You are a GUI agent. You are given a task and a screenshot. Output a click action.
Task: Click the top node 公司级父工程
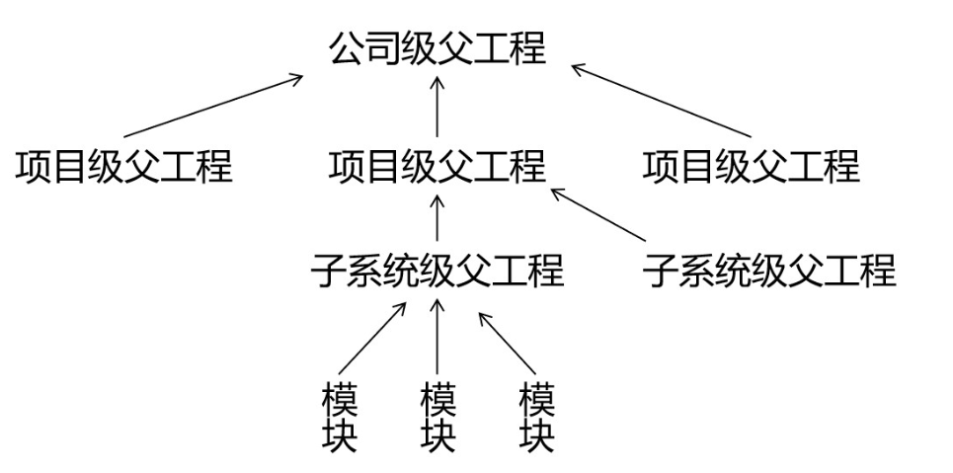(437, 47)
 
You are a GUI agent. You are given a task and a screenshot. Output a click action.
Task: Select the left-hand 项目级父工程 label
(123, 166)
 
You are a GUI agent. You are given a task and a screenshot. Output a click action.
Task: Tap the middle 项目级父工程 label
(437, 166)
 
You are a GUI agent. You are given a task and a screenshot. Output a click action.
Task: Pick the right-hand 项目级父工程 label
(752, 166)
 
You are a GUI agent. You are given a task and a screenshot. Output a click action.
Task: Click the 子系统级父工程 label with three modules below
(437, 269)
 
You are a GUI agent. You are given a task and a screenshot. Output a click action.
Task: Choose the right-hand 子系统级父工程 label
(769, 269)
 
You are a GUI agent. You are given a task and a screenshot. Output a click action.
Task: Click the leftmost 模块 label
(340, 418)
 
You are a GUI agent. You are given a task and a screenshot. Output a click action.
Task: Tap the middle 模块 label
(437, 418)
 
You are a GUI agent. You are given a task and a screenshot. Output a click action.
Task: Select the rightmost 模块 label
(536, 418)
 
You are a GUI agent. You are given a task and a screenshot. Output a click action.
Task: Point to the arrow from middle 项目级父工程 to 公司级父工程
(437, 106)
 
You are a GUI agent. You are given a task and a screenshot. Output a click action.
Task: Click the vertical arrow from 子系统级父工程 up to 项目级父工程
(437, 217)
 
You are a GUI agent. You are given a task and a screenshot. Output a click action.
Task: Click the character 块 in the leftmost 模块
(340, 435)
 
